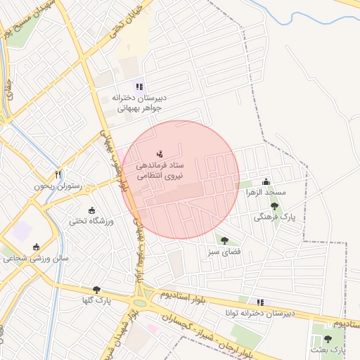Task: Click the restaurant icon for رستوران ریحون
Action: tap(58, 174)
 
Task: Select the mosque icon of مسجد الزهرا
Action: tap(266, 181)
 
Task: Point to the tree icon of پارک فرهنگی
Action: tap(274, 207)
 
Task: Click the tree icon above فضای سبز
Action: tap(224, 240)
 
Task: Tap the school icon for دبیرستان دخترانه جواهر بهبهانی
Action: tap(139, 86)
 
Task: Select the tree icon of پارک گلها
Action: tap(96, 290)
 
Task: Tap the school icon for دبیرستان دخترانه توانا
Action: tap(261, 302)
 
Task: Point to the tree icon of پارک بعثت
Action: tap(328, 339)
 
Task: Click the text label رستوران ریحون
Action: tap(57, 187)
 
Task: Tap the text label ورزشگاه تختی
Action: tap(90, 221)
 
